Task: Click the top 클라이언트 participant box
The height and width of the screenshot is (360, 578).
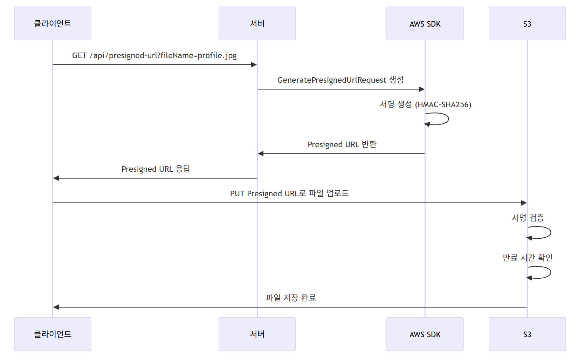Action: point(53,23)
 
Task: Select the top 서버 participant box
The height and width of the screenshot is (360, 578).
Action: point(257,23)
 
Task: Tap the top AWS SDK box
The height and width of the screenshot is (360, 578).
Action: point(425,23)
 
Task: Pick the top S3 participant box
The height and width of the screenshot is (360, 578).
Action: point(527,23)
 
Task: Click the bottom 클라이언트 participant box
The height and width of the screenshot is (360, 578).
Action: point(53,334)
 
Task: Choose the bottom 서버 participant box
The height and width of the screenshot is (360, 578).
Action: point(257,334)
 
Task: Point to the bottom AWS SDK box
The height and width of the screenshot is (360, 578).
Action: point(425,334)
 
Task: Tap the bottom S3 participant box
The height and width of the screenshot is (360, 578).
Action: point(527,334)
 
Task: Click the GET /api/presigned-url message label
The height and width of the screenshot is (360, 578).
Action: point(154,55)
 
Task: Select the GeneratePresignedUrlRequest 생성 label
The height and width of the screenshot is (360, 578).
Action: point(340,80)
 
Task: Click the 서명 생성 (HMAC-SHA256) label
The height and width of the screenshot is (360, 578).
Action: point(425,104)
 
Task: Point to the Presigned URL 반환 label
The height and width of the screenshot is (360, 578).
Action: point(342,144)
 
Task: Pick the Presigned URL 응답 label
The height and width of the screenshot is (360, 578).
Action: point(156,169)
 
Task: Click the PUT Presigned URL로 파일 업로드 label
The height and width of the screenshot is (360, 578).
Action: point(289,193)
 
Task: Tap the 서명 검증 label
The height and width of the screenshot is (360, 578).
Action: point(528,218)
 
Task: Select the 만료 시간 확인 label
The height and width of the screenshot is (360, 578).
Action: point(528,258)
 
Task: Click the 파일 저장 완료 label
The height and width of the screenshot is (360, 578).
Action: point(291,298)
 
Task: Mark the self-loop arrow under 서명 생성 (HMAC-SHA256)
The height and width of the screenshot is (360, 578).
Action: point(448,119)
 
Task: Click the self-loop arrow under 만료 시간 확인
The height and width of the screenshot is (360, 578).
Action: point(550,273)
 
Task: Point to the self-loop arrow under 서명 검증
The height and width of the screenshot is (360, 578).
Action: point(550,233)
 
